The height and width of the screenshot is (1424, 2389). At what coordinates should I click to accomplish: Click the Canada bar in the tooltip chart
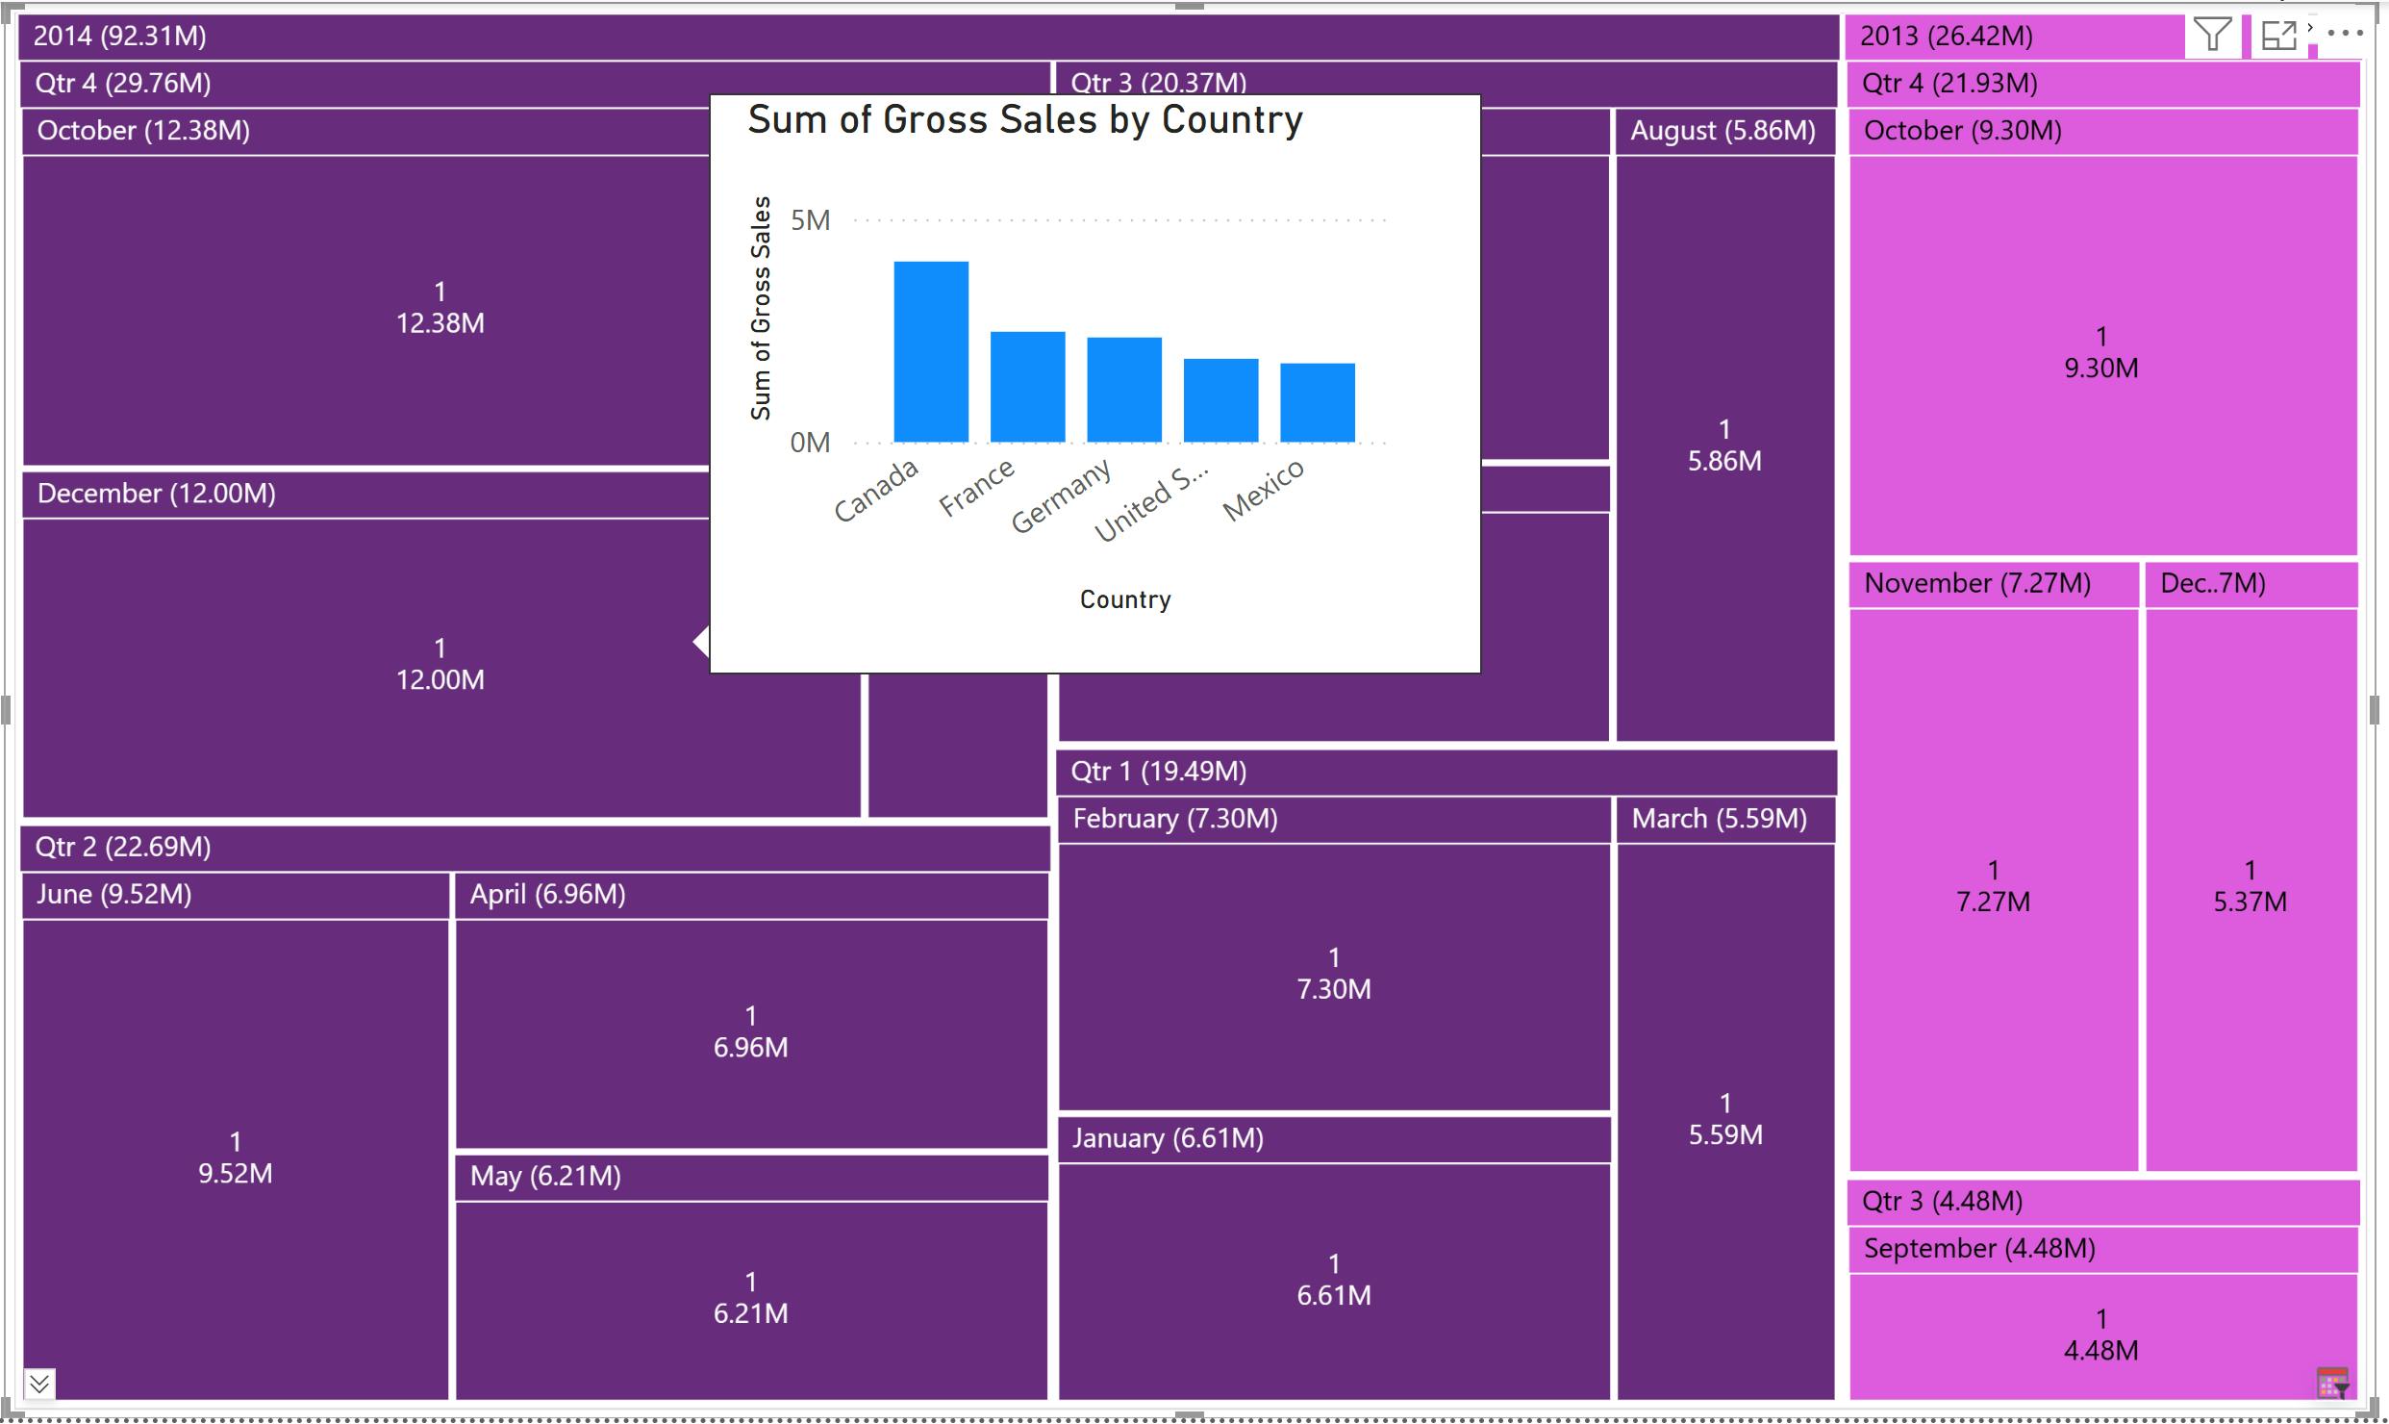pyautogui.click(x=930, y=352)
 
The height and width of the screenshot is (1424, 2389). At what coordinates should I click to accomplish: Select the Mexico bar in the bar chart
pyautogui.click(x=1317, y=403)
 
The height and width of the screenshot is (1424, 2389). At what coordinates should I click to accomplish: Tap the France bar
pyautogui.click(x=1027, y=387)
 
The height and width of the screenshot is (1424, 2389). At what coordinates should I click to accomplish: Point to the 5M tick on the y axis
pyautogui.click(x=810, y=220)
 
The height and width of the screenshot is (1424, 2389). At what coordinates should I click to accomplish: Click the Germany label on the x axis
pyautogui.click(x=1061, y=496)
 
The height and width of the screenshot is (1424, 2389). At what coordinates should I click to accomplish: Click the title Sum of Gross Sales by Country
pyautogui.click(x=1025, y=120)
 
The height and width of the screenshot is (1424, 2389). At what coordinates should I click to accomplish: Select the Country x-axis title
pyautogui.click(x=1125, y=599)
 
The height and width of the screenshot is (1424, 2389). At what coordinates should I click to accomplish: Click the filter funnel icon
pyautogui.click(x=2211, y=36)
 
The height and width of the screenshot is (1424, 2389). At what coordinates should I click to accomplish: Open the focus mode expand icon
pyautogui.click(x=2278, y=36)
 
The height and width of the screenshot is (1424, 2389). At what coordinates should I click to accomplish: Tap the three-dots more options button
pyautogui.click(x=2345, y=33)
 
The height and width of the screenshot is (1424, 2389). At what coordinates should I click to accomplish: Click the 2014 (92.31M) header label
pyautogui.click(x=120, y=37)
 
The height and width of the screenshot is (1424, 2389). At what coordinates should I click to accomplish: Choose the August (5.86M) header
pyautogui.click(x=1723, y=131)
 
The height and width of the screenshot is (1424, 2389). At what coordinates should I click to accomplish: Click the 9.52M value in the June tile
pyautogui.click(x=236, y=1174)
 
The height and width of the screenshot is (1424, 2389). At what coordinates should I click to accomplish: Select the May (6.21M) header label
pyautogui.click(x=545, y=1177)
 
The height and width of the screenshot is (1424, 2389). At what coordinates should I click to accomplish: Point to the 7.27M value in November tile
pyautogui.click(x=1993, y=903)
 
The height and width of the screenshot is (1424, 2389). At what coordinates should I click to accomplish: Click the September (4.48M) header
pyautogui.click(x=1979, y=1249)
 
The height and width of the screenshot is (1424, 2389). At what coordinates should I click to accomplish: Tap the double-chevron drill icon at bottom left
pyautogui.click(x=39, y=1384)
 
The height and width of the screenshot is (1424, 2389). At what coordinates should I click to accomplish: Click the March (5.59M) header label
pyautogui.click(x=1719, y=819)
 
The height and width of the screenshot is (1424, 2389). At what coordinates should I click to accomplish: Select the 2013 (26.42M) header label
pyautogui.click(x=1946, y=37)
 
